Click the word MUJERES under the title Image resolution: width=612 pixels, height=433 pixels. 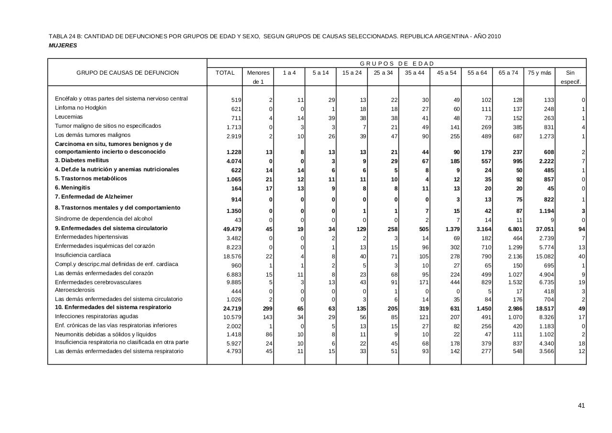63,45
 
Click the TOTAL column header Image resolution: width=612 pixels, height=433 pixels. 225,73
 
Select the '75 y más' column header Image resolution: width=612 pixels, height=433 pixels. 539,73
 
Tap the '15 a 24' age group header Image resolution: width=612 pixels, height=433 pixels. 352,73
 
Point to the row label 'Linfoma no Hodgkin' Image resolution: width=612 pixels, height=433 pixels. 81,108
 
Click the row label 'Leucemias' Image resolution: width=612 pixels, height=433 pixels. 69,117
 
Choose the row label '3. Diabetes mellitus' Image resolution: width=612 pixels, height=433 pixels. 82,160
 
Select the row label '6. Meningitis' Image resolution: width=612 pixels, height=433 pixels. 72,188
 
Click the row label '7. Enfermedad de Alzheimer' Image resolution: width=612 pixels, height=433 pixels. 94,197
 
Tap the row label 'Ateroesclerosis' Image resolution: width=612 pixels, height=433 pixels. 75,290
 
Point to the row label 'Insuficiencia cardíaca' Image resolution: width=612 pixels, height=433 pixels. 83,255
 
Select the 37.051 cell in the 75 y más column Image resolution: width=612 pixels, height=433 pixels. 545,229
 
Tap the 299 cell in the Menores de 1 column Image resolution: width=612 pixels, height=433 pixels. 267,309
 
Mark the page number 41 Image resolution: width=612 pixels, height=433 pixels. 581,406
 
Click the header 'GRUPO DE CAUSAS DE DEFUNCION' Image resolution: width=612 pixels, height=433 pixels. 128,73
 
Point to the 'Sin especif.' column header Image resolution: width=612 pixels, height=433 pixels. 570,77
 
